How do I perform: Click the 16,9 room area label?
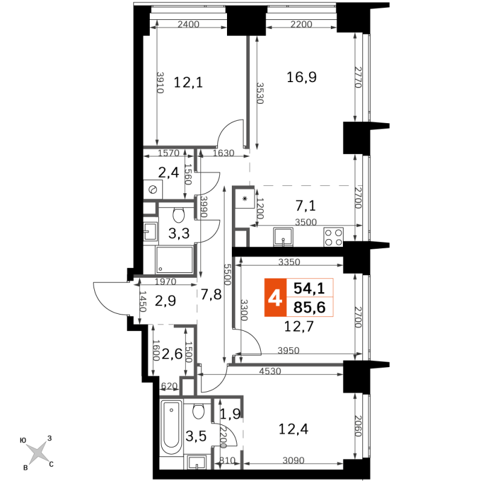pos(301,77)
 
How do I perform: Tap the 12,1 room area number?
pos(188,83)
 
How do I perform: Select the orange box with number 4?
pos(275,298)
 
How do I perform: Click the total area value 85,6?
pos(310,307)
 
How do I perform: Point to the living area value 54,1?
pos(309,289)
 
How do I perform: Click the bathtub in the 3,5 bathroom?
pos(171,427)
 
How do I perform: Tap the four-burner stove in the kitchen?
pos(334,237)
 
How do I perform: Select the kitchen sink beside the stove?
pos(283,237)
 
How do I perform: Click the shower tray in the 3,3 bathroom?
pos(174,259)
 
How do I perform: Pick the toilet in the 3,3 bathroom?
pos(179,214)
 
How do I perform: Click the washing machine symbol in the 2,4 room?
pos(153,190)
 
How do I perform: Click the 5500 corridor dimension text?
pos(228,275)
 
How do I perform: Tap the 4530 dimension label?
pos(270,371)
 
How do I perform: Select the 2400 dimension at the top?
pos(188,24)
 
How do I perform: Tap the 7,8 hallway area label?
pos(211,294)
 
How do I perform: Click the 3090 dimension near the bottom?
pos(293,460)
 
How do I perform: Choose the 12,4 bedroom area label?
pos(293,429)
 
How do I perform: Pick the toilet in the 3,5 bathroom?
pos(199,411)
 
